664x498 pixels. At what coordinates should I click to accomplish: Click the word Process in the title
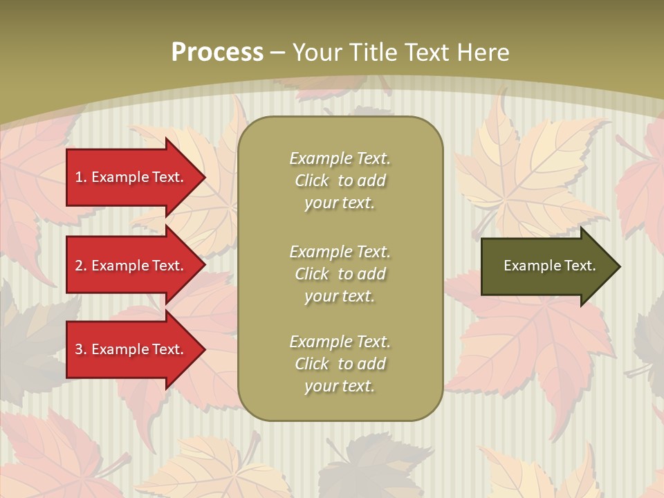tap(217, 53)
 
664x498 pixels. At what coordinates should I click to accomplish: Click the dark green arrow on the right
tap(546, 266)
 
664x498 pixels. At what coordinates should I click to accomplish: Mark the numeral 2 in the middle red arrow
tap(80, 266)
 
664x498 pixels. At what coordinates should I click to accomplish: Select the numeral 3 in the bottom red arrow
tap(80, 349)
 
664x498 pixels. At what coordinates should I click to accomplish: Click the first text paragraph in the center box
tap(340, 181)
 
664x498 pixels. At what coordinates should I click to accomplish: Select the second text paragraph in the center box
tap(340, 274)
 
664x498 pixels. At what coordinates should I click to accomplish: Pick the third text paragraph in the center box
tap(340, 364)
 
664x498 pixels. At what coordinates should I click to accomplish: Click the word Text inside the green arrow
tap(580, 266)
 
